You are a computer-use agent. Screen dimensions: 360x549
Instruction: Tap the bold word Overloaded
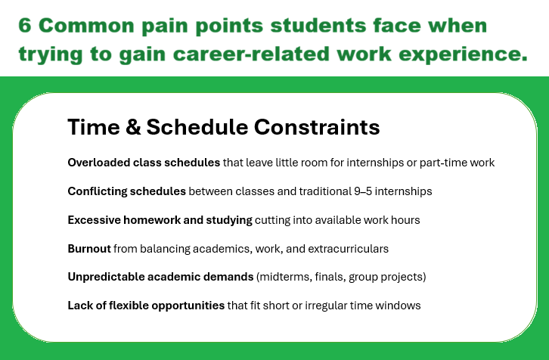tap(97, 163)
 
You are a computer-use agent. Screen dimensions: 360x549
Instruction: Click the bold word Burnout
tap(88, 249)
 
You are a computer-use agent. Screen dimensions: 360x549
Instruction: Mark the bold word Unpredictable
tap(105, 278)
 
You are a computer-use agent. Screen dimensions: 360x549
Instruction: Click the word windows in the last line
tap(400, 306)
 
